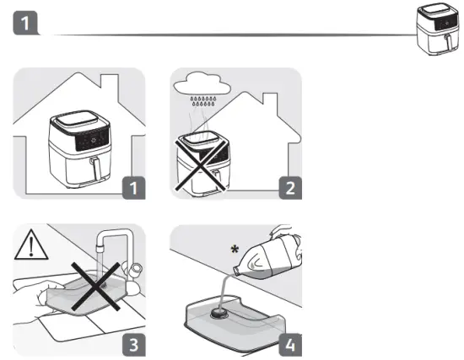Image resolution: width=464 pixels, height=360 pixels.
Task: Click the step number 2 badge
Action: (287, 187)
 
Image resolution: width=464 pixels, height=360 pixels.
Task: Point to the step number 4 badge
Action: (287, 344)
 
